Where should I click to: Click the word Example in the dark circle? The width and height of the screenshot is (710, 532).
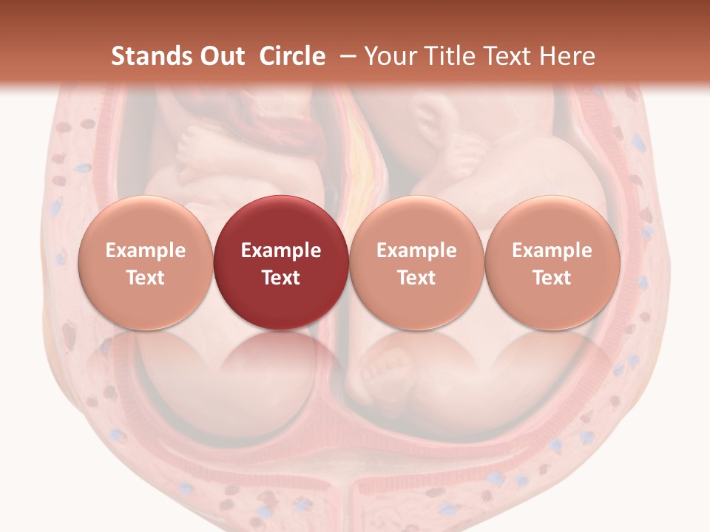point(280,250)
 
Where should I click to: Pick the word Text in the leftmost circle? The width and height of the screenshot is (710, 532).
point(145,278)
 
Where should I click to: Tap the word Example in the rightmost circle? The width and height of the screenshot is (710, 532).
point(552,250)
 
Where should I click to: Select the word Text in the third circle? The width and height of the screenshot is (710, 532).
point(416,278)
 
